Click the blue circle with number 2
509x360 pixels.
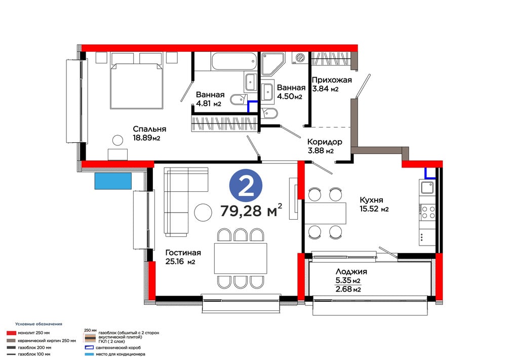(246, 185)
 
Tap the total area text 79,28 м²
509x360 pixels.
(251, 210)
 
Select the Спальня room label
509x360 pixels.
(149, 129)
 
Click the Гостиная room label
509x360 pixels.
(183, 253)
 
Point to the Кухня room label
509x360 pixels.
(371, 200)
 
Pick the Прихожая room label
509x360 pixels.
(332, 80)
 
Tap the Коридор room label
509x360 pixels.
(325, 142)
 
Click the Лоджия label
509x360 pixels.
(351, 271)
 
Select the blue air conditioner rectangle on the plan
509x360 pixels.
(113, 181)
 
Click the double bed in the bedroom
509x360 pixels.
(136, 86)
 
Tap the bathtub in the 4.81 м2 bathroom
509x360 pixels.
(234, 61)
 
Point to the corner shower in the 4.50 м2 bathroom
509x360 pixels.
(272, 64)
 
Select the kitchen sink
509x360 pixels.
(427, 187)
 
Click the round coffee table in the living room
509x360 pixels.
(203, 212)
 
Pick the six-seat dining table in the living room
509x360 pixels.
(241, 258)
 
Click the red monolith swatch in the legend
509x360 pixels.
(11, 333)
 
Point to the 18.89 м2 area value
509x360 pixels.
(146, 138)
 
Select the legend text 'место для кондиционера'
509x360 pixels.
(121, 354)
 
